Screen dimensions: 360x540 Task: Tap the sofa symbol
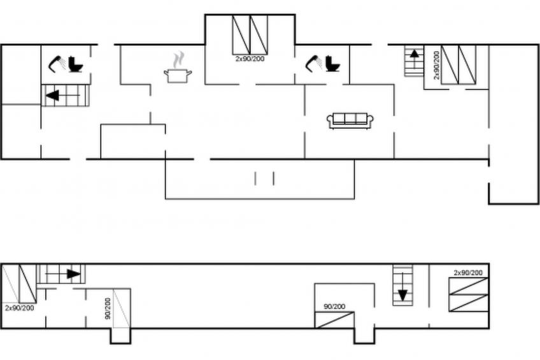tap(350, 120)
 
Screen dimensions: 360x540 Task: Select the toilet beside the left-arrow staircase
tap(76, 64)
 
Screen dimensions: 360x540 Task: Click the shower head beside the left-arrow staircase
tap(57, 62)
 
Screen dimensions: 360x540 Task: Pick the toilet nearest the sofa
tap(332, 64)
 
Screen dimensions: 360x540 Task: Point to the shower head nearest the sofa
tap(314, 62)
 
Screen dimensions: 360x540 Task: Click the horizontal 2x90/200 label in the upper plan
tap(250, 59)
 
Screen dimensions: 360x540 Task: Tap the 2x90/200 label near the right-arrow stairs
tap(19, 308)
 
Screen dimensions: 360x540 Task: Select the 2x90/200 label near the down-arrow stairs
tap(468, 273)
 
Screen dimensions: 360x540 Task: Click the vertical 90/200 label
tap(108, 308)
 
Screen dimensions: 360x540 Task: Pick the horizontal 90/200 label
tap(334, 306)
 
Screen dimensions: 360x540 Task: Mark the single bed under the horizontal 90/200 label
tap(335, 319)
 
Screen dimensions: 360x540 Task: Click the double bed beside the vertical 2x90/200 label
tap(458, 64)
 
